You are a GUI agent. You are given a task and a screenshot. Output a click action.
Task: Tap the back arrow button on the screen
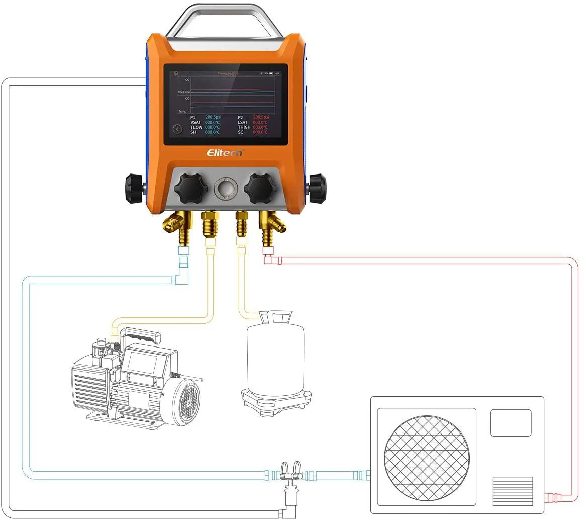tap(177, 129)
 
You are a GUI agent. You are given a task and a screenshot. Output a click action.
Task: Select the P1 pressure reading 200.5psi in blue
tap(213, 117)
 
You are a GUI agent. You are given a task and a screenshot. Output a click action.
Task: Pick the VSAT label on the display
tap(196, 122)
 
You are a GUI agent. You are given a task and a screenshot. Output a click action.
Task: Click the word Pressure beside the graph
tap(184, 92)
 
